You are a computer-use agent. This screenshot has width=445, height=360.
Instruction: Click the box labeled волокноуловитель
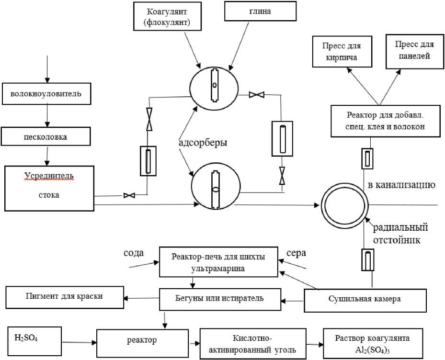click(46, 94)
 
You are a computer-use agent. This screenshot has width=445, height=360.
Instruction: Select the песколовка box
click(46, 136)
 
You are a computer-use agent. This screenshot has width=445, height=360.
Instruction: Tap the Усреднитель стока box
click(49, 188)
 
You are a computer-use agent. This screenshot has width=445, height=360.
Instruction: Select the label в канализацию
click(401, 184)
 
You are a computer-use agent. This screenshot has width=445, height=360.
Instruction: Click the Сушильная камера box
click(365, 299)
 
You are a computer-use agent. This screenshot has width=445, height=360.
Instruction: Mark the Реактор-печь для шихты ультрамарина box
click(218, 262)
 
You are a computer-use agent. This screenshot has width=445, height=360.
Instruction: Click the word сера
click(296, 252)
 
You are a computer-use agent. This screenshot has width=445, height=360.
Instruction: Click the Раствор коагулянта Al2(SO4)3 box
click(373, 343)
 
